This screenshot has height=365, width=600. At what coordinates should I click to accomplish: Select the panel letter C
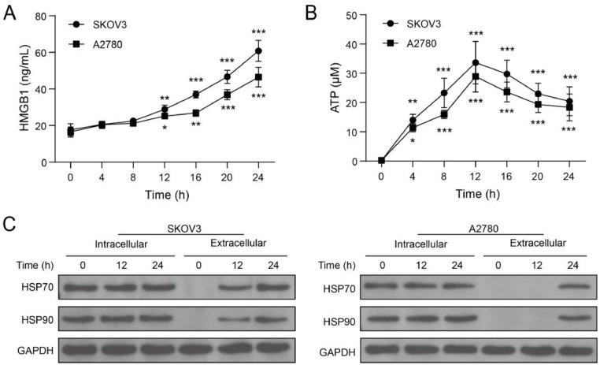(9, 222)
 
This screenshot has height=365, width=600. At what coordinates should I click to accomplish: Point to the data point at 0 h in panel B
(381, 161)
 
